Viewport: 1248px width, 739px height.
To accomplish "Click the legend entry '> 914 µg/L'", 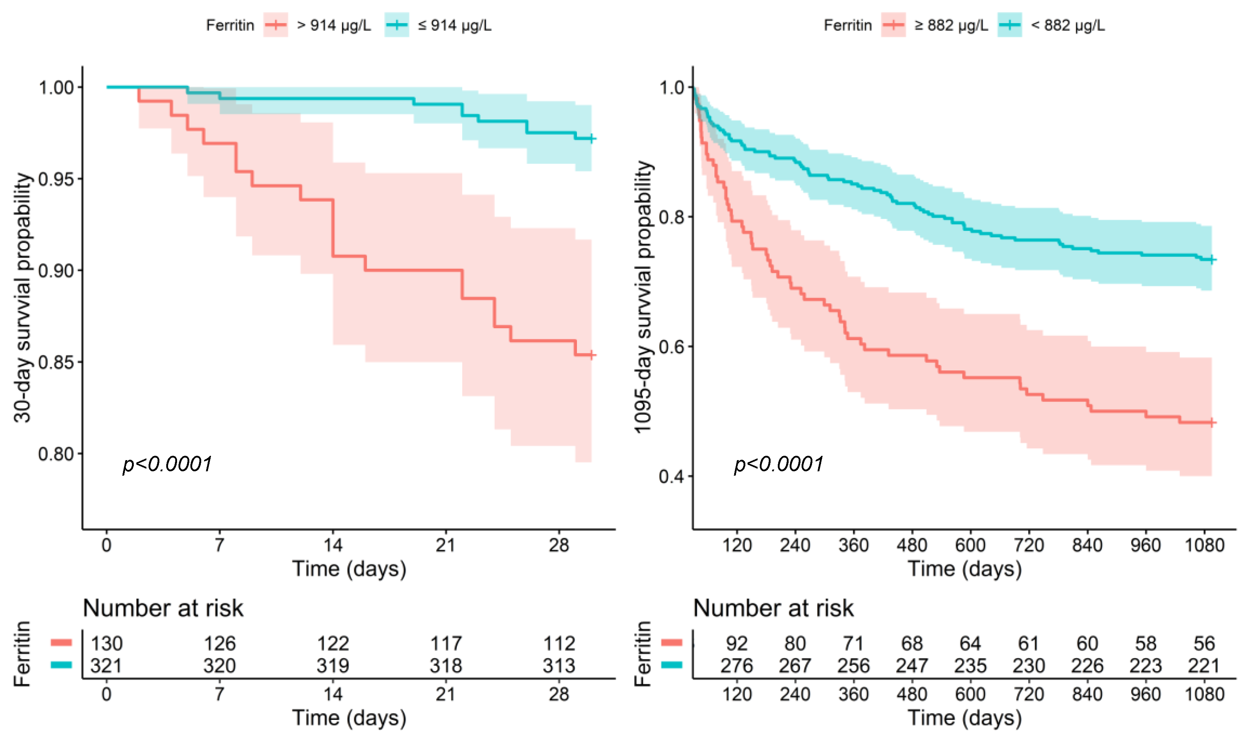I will tap(333, 25).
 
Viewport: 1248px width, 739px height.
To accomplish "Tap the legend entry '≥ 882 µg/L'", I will tap(951, 25).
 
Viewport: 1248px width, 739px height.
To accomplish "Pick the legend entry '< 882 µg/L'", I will tap(1067, 25).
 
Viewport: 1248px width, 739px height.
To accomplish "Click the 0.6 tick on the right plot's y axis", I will tap(671, 347).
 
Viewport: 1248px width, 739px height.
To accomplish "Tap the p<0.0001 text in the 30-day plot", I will tap(167, 464).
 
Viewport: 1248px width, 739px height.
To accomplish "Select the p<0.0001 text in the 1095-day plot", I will tap(779, 464).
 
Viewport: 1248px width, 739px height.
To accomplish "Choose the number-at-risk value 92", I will tap(736, 644).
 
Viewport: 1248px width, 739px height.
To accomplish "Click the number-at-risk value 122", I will tap(333, 644).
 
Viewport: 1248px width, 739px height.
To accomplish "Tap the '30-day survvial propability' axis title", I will tap(22, 298).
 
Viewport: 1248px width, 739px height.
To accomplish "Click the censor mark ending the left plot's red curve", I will tap(591, 355).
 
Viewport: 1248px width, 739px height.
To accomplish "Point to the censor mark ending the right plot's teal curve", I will tap(1212, 260).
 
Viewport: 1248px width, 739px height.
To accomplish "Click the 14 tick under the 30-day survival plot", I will tap(333, 545).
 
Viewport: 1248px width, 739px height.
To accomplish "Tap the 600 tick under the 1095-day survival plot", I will tap(970, 545).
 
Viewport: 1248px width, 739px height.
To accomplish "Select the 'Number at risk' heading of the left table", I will tap(163, 608).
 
